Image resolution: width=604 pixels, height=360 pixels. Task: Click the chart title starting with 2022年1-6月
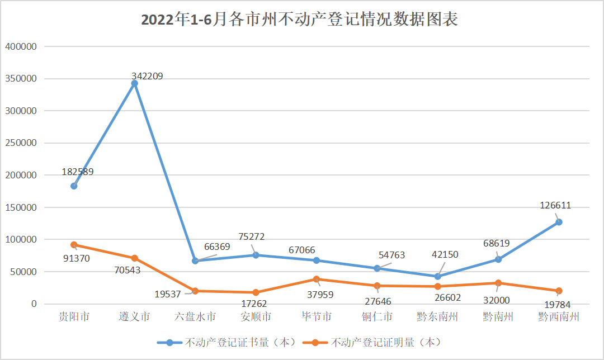[300, 20]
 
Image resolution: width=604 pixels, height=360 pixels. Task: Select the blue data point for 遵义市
[134, 83]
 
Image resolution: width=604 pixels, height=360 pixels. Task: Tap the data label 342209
[147, 76]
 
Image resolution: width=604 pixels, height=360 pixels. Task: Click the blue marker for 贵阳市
[74, 186]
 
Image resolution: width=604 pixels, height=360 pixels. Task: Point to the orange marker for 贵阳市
[74, 245]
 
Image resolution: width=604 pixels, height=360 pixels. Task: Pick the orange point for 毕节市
[317, 279]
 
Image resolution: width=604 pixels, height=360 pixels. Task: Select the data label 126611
[555, 205]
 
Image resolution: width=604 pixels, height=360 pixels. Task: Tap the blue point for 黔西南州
[559, 222]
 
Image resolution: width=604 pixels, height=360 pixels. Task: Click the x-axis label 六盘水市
[195, 317]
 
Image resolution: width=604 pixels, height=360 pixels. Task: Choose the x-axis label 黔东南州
[437, 317]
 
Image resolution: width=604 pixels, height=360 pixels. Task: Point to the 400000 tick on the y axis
[21, 46]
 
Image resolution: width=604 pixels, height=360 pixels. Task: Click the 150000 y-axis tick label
[21, 207]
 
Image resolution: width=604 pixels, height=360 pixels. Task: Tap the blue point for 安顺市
[256, 255]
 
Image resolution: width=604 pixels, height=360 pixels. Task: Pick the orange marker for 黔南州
[498, 283]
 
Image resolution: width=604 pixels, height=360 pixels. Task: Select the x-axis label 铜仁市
[377, 317]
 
